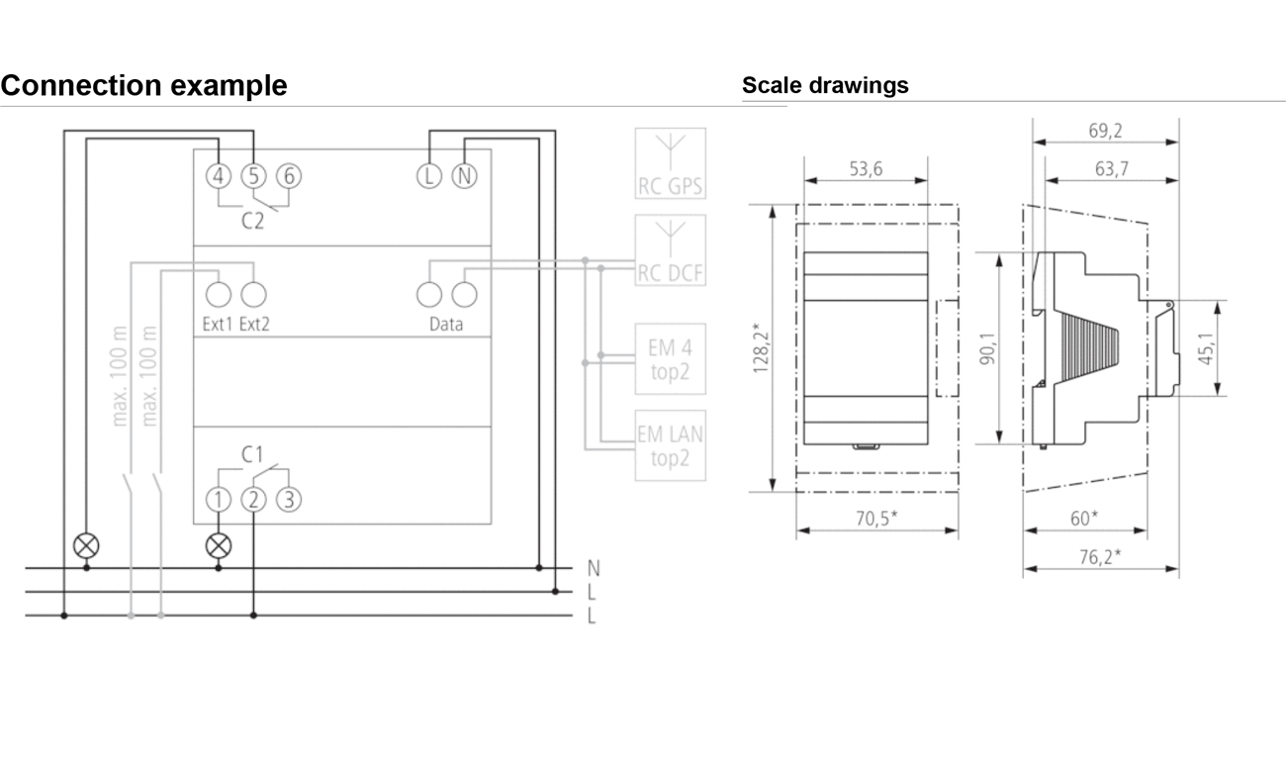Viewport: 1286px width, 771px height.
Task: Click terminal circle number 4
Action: click(x=219, y=176)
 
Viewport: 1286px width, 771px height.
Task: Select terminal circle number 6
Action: click(x=289, y=176)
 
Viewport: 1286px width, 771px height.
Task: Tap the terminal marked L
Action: click(x=429, y=176)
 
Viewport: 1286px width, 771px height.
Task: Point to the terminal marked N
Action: click(x=465, y=176)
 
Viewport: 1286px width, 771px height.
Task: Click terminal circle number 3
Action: click(x=289, y=499)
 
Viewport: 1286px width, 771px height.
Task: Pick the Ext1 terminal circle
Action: click(x=219, y=295)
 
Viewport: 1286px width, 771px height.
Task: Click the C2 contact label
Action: click(x=252, y=221)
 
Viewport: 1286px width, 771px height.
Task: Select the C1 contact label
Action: click(x=252, y=454)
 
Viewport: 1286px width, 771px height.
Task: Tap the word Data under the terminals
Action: click(x=446, y=324)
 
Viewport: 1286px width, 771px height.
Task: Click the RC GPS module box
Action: click(x=670, y=163)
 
